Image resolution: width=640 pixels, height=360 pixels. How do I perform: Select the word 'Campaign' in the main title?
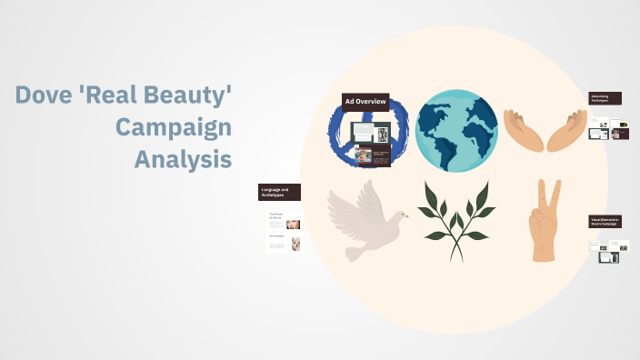pyautogui.click(x=173, y=126)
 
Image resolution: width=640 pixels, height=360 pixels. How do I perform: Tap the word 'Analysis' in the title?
pyautogui.click(x=183, y=158)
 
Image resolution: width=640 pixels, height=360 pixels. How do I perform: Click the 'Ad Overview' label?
pyautogui.click(x=365, y=101)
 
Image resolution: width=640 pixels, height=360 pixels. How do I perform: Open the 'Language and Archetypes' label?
pyautogui.click(x=279, y=192)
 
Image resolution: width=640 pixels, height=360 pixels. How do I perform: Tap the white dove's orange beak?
pyautogui.click(x=405, y=215)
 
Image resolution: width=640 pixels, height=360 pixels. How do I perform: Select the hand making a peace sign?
pyautogui.click(x=545, y=223)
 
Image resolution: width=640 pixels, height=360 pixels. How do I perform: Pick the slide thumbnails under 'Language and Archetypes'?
pyautogui.click(x=284, y=230)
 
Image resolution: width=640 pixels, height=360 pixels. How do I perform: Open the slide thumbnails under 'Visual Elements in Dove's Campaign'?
pyautogui.click(x=608, y=251)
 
